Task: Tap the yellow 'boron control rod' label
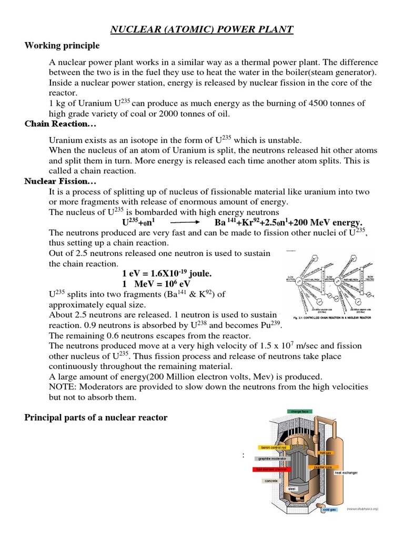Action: pyautogui.click(x=274, y=448)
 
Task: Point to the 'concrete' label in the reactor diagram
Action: pyautogui.click(x=271, y=480)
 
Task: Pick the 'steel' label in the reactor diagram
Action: pyautogui.click(x=292, y=489)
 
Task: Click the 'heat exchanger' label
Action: pyautogui.click(x=346, y=472)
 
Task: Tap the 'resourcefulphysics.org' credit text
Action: pyautogui.click(x=362, y=509)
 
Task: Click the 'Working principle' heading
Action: pyautogui.click(x=62, y=46)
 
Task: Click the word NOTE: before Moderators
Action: pyautogui.click(x=63, y=387)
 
